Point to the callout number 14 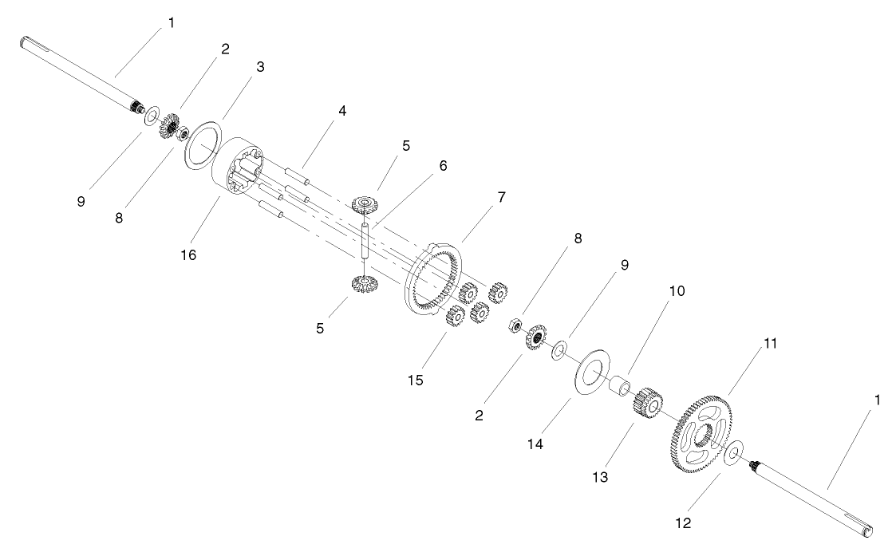(x=535, y=443)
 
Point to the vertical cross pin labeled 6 (x=365, y=239)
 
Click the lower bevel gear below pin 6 (x=364, y=283)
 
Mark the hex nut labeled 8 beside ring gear (x=515, y=325)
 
